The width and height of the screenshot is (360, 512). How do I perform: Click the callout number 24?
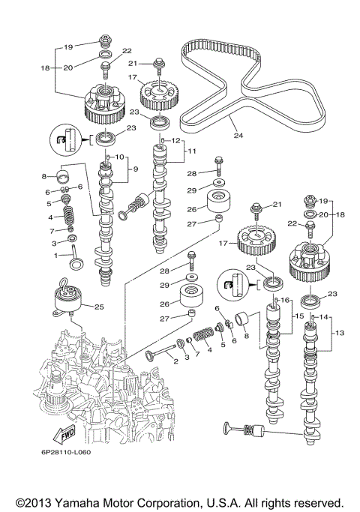tap(238, 136)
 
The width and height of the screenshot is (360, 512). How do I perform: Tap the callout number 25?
tap(98, 306)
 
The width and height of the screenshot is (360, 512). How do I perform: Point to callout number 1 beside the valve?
tap(53, 256)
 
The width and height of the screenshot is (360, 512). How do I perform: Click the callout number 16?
tap(285, 300)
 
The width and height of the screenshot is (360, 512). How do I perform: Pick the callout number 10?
tap(118, 157)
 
